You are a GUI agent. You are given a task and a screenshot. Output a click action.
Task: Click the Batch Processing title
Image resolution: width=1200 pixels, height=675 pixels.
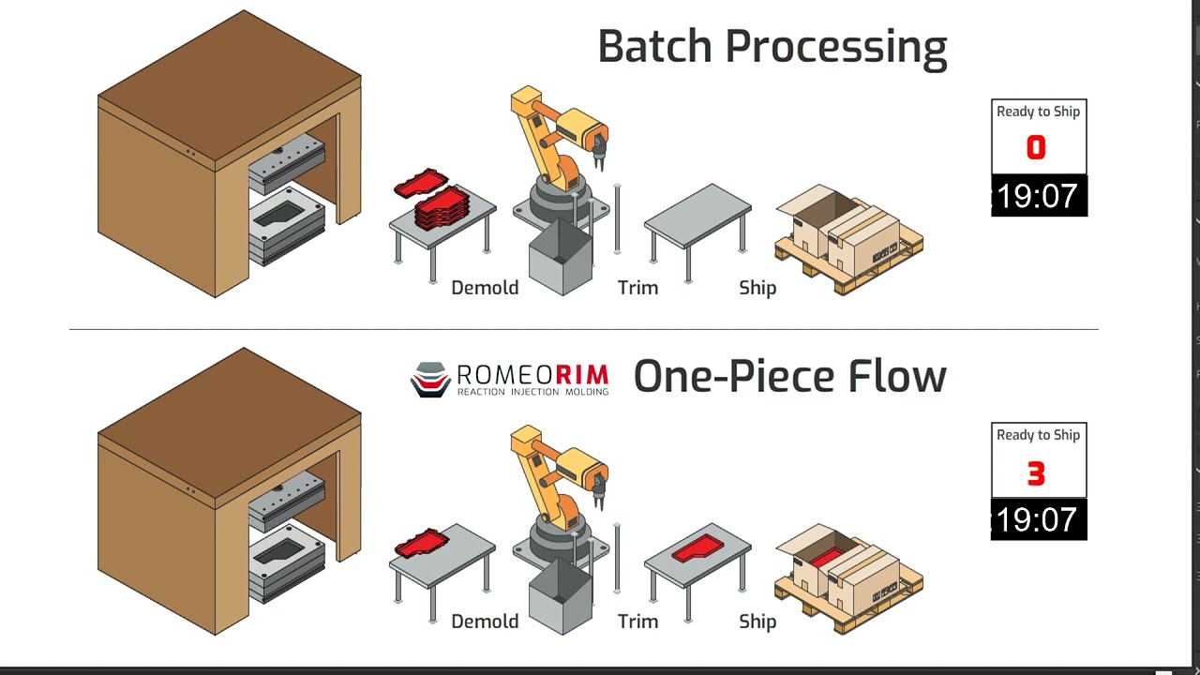(772, 47)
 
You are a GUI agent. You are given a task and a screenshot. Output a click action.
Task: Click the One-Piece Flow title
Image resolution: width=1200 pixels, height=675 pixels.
(789, 376)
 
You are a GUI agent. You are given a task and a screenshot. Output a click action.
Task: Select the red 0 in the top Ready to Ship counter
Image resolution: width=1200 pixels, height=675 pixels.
(1036, 148)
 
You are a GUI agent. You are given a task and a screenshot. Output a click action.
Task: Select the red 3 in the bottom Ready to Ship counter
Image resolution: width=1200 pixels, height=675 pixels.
(1036, 473)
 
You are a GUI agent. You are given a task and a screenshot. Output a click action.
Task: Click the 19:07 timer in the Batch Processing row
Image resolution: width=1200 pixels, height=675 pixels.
(1038, 196)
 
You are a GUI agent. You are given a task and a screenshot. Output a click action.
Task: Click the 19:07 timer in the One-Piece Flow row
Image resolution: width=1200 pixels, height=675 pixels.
(1038, 519)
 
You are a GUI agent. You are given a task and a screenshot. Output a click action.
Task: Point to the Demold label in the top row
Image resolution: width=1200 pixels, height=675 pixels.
(485, 288)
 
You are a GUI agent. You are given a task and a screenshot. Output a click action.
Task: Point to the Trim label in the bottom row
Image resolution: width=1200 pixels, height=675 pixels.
(637, 622)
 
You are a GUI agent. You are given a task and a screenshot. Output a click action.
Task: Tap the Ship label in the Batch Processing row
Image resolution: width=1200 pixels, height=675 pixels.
(757, 288)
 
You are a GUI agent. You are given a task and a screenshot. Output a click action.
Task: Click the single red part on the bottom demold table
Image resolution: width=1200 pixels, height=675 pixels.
(422, 542)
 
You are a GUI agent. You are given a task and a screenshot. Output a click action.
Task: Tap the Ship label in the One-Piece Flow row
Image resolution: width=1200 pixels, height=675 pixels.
(757, 622)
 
